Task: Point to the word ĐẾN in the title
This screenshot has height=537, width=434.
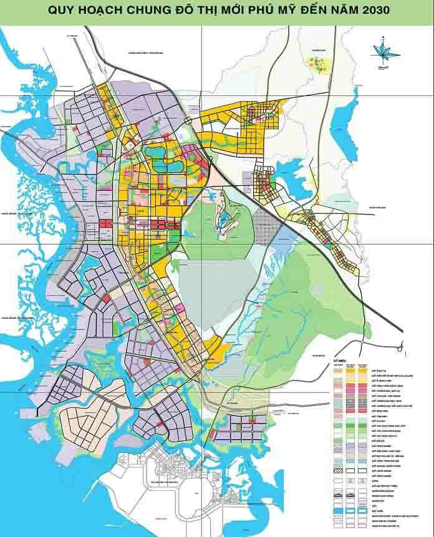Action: pos(303,11)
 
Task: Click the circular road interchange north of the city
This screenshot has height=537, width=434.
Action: pos(187,119)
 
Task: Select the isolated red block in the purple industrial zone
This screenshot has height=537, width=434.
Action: pos(106,299)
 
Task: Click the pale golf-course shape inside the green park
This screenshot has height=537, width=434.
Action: pos(223,218)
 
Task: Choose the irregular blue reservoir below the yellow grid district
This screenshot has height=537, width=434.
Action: pos(287,185)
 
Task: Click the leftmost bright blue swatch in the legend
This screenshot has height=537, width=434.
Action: pos(339,510)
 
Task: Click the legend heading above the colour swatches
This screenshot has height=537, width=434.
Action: pos(339,360)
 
